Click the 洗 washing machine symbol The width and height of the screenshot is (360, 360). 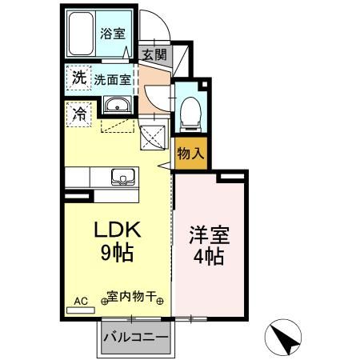[x=78, y=78]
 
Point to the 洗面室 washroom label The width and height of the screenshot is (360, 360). [x=113, y=79]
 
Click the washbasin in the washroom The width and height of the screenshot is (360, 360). [x=116, y=106]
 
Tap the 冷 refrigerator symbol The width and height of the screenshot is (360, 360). [x=79, y=113]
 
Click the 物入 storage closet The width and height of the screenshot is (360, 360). [x=190, y=153]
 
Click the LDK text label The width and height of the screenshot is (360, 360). [x=118, y=230]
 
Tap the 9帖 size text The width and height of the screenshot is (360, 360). [x=118, y=254]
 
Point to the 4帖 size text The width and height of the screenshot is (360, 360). [x=210, y=257]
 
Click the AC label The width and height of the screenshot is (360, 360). [x=80, y=301]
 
